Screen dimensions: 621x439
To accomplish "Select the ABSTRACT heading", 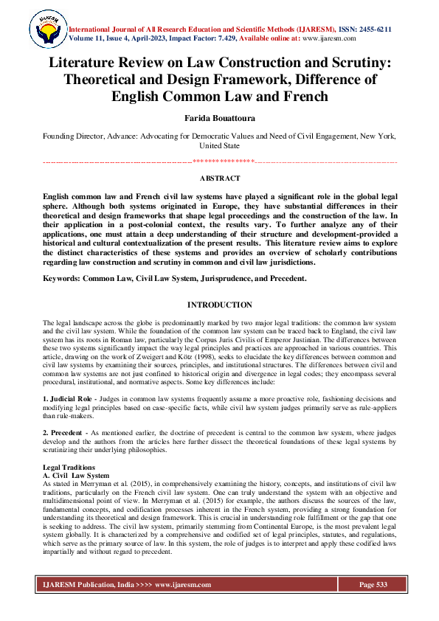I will [x=219, y=178].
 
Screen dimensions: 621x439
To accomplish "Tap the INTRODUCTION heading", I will [x=219, y=305].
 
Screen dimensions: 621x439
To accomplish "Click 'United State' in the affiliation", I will [x=219, y=146].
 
